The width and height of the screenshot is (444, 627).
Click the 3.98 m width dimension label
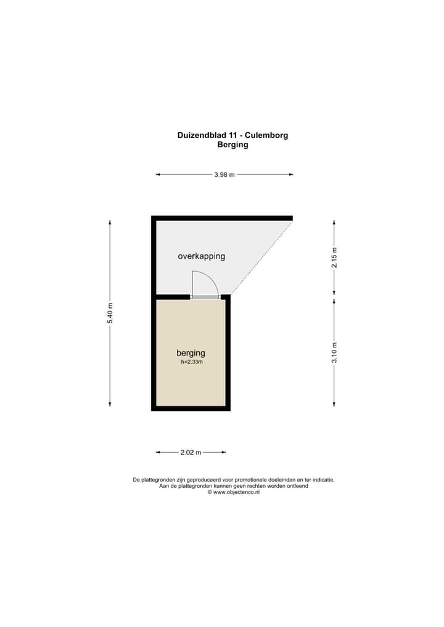coord(224,175)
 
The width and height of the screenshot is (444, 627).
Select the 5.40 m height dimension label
coord(110,313)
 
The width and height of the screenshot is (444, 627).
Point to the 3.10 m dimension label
coord(335,352)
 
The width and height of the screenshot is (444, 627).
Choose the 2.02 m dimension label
coord(191,453)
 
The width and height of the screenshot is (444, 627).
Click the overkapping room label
coord(202,256)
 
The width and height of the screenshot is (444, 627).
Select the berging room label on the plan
coord(191,353)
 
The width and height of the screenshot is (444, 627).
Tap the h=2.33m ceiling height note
coord(192,362)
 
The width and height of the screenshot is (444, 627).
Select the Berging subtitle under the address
coord(232,145)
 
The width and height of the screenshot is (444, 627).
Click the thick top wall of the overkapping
coord(222,218)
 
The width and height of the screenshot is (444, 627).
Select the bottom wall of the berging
coord(191,408)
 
